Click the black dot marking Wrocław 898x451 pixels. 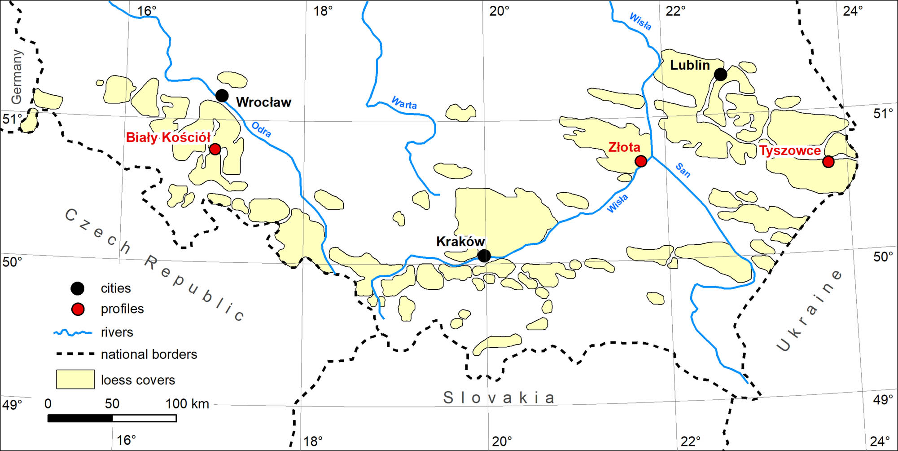tap(222, 96)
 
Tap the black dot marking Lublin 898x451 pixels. tap(720, 75)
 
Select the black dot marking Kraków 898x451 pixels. tap(484, 256)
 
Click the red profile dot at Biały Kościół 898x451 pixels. tap(215, 149)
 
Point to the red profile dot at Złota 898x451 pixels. tap(641, 161)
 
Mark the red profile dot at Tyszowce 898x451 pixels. tap(828, 162)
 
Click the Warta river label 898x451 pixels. tap(404, 103)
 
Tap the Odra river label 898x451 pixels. tap(261, 130)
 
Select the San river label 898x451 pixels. tap(683, 170)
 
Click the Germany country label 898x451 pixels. tap(17, 77)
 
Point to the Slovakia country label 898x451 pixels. tap(499, 398)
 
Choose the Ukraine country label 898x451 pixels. tap(810, 310)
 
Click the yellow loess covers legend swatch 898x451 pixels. tap(75, 379)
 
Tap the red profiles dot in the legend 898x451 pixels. tap(78, 309)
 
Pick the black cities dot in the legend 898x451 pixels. tap(78, 288)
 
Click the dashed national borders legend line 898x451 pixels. tap(75, 354)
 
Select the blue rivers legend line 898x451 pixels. tap(73, 333)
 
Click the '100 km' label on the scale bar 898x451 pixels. tap(187, 403)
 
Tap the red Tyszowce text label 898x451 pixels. tap(790, 151)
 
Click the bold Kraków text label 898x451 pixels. tap(460, 242)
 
